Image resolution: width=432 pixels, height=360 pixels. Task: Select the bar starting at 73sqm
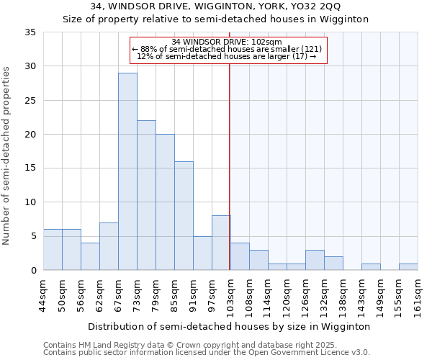tap(146, 195)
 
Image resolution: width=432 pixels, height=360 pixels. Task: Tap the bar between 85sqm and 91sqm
tap(184, 215)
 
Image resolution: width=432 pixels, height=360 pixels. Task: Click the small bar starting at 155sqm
tap(408, 266)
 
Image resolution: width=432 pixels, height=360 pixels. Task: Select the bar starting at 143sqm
tap(371, 266)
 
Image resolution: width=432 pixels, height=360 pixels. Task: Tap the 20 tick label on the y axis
tap(30, 135)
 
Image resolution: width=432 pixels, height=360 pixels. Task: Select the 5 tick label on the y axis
tap(33, 236)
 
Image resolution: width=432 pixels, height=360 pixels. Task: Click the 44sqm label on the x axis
tap(44, 295)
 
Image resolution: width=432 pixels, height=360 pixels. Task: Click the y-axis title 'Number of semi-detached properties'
tap(6, 156)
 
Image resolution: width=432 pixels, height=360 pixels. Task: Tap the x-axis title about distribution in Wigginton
tap(230, 326)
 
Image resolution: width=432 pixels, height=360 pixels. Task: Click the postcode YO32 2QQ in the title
tap(318, 6)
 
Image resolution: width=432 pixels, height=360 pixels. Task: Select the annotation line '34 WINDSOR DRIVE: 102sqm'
tap(228, 42)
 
